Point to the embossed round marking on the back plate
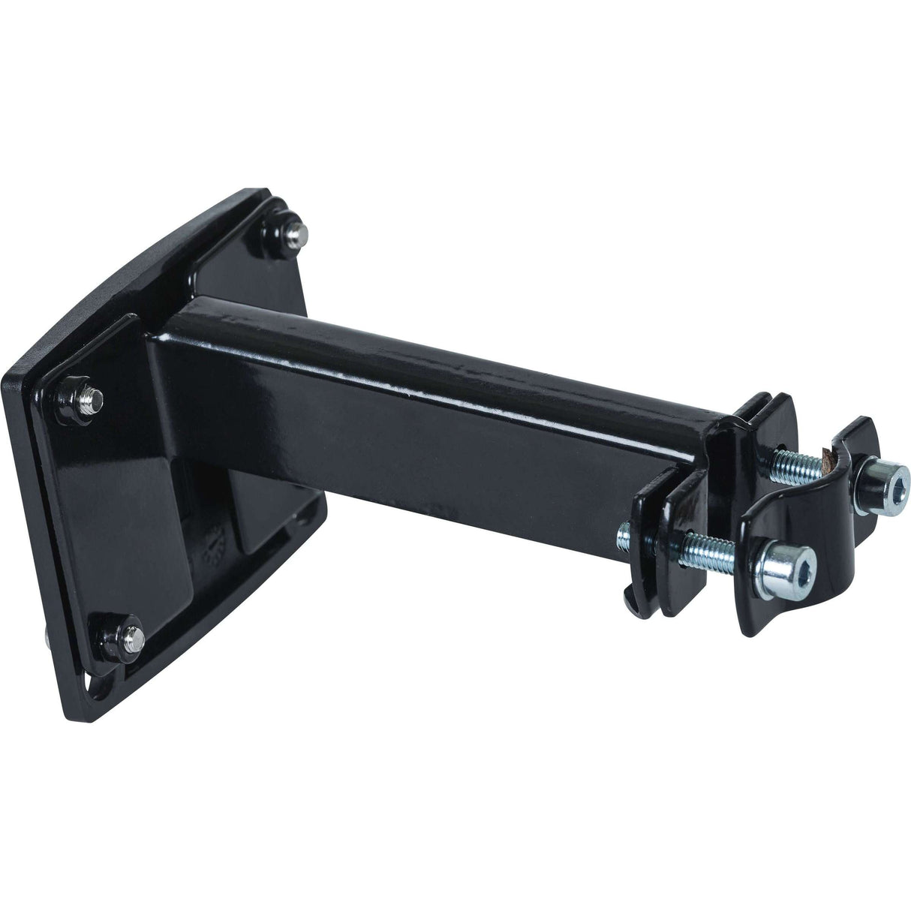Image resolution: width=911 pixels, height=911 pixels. click(213, 543)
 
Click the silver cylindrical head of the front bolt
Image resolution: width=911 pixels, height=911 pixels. click(780, 563)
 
